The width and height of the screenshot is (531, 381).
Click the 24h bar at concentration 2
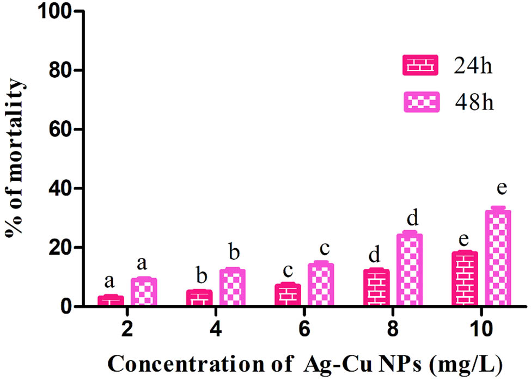111,300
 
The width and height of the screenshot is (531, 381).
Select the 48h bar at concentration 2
144,292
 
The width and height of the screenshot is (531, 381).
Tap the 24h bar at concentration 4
199,298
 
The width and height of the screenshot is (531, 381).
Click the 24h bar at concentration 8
376,287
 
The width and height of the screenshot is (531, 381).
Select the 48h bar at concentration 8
410,269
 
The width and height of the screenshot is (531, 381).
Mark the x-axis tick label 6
303,328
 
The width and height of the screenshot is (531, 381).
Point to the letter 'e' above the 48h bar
501,188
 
